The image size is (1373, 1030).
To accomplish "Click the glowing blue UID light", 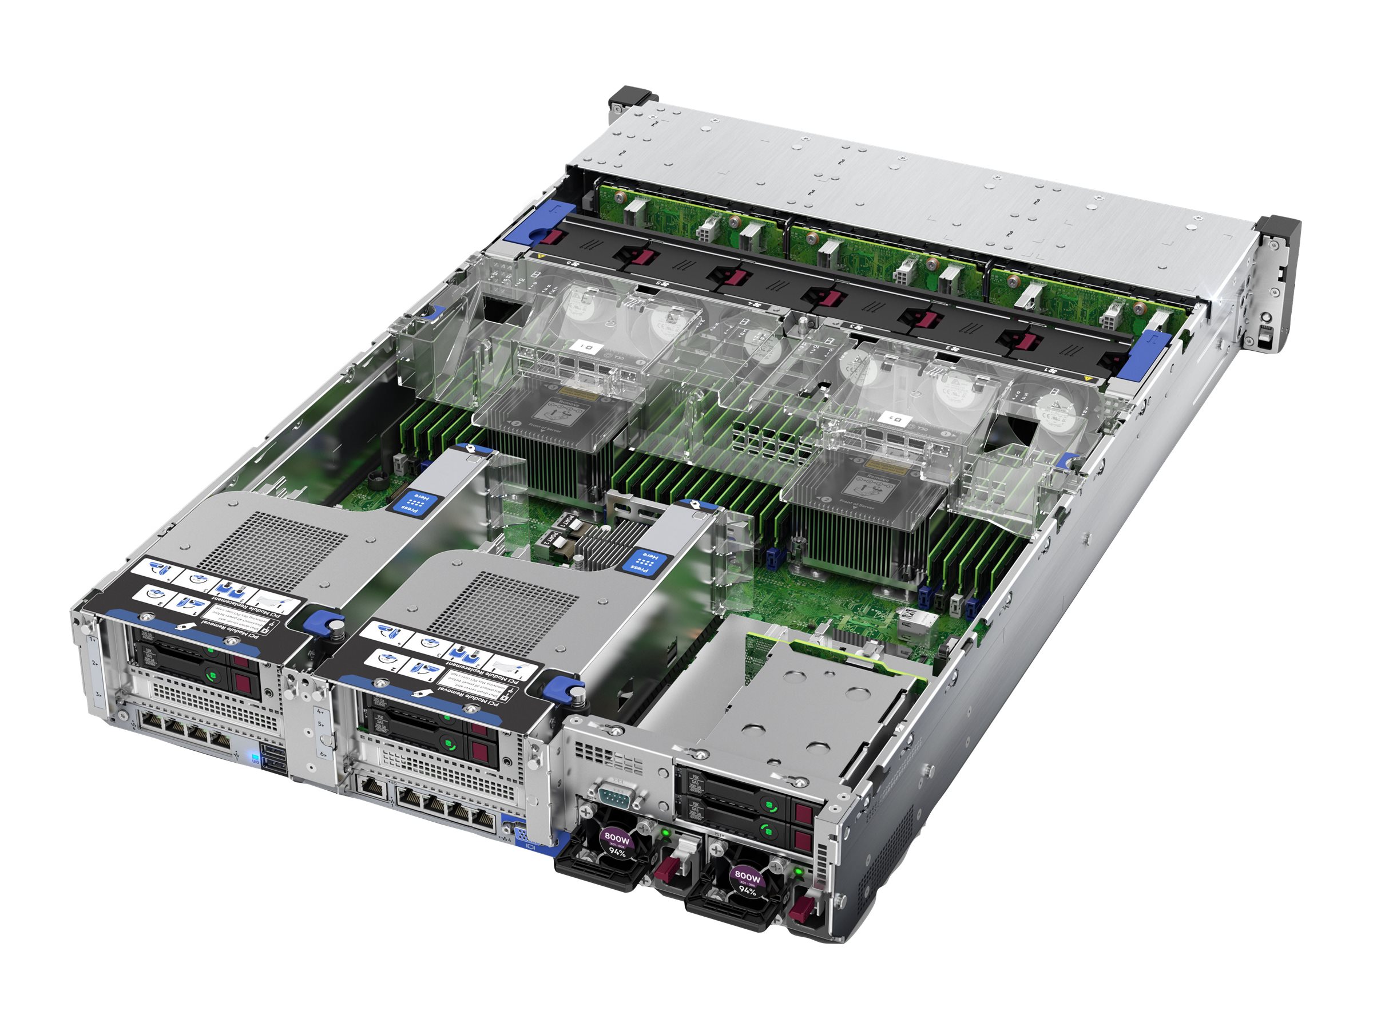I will (x=254, y=758).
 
